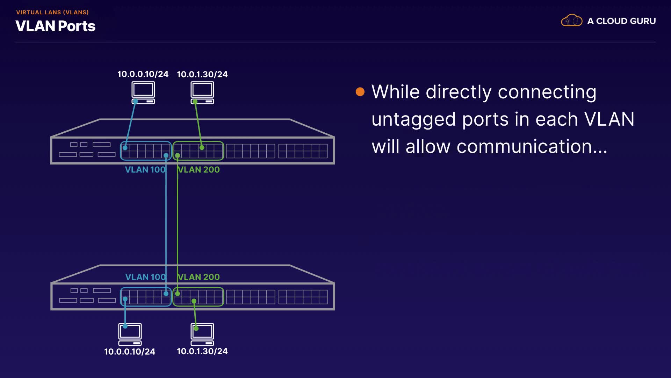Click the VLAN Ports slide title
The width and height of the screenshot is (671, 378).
pyautogui.click(x=55, y=26)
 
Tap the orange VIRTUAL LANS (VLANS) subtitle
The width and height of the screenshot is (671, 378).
pyautogui.click(x=52, y=12)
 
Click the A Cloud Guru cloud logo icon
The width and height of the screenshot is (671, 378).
pyautogui.click(x=571, y=21)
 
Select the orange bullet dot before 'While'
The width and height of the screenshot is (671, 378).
pyautogui.click(x=360, y=92)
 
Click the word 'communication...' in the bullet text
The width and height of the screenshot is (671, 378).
pyautogui.click(x=532, y=147)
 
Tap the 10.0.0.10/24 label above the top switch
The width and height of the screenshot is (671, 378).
pyautogui.click(x=143, y=74)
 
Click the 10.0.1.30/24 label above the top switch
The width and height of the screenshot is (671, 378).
pyautogui.click(x=202, y=75)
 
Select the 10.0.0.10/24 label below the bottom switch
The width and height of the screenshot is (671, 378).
pyautogui.click(x=129, y=351)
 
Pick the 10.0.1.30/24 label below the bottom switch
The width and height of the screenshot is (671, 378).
pyautogui.click(x=202, y=351)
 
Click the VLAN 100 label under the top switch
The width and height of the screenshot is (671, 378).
pyautogui.click(x=145, y=170)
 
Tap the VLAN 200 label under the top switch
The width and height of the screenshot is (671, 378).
pyautogui.click(x=199, y=170)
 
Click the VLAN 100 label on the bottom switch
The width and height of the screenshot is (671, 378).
pyautogui.click(x=145, y=277)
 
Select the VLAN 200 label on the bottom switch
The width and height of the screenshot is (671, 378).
pyautogui.click(x=199, y=277)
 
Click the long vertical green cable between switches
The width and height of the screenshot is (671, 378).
pyautogui.click(x=178, y=224)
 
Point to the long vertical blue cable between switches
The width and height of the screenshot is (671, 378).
pyautogui.click(x=166, y=224)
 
